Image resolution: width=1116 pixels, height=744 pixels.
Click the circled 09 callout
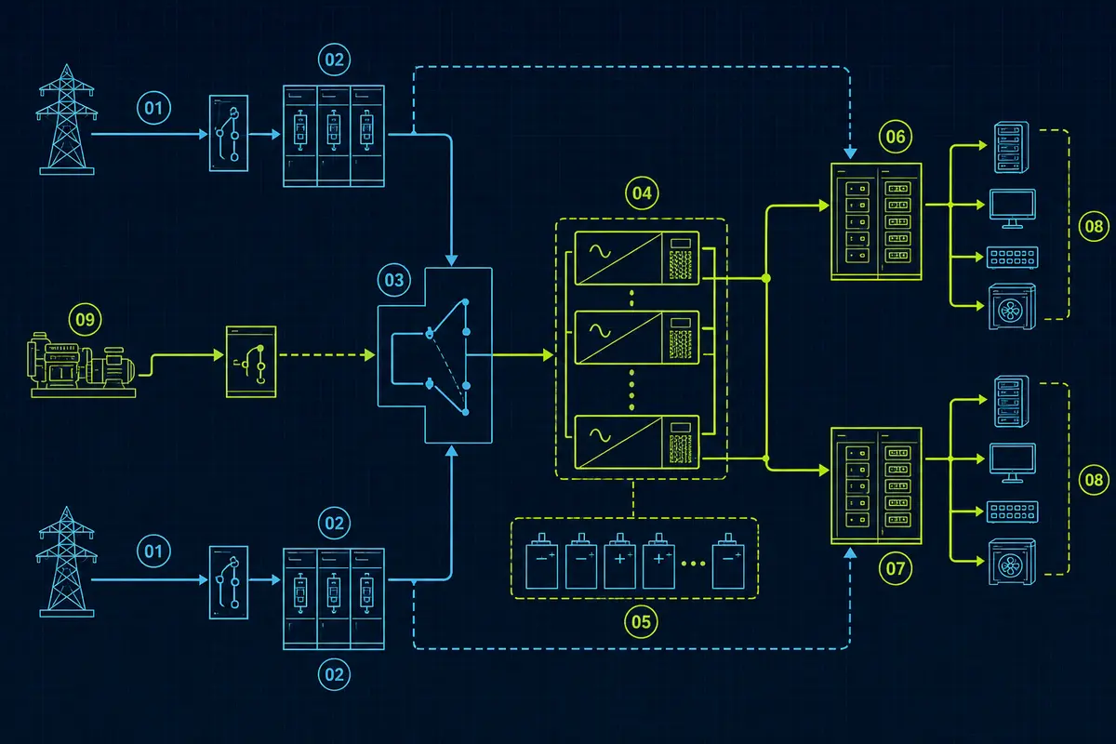pyautogui.click(x=86, y=319)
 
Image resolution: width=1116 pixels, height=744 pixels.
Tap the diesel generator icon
pyautogui.click(x=82, y=365)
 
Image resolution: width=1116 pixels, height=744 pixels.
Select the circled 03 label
pyautogui.click(x=394, y=280)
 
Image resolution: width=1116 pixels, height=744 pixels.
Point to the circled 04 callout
pyautogui.click(x=642, y=193)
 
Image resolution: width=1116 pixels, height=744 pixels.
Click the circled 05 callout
pyautogui.click(x=641, y=621)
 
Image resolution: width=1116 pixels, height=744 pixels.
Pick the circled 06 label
pyautogui.click(x=896, y=137)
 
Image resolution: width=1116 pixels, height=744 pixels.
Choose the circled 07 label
pyautogui.click(x=896, y=568)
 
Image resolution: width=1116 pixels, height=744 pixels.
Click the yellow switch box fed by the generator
pyautogui.click(x=251, y=362)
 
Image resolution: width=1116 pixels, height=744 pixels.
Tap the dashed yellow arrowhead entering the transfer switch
pyautogui.click(x=370, y=355)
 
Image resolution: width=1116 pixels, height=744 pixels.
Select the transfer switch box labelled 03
pyautogui.click(x=435, y=355)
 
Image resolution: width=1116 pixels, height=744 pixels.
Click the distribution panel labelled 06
pyautogui.click(x=876, y=221)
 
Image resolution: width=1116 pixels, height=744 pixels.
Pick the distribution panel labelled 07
pyautogui.click(x=876, y=485)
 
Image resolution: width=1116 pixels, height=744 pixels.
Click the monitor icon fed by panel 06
pyautogui.click(x=1013, y=209)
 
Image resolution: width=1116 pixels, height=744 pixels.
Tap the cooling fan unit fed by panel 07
pyautogui.click(x=1012, y=562)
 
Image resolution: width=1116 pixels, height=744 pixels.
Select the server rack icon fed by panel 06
pyautogui.click(x=1012, y=148)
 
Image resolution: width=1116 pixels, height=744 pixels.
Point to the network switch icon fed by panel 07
pyautogui.click(x=1013, y=511)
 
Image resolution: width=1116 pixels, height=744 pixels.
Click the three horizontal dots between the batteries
pyautogui.click(x=693, y=564)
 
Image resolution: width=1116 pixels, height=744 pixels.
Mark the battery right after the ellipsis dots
pyautogui.click(x=728, y=561)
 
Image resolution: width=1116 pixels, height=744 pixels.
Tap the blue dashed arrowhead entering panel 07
pyautogui.click(x=850, y=552)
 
